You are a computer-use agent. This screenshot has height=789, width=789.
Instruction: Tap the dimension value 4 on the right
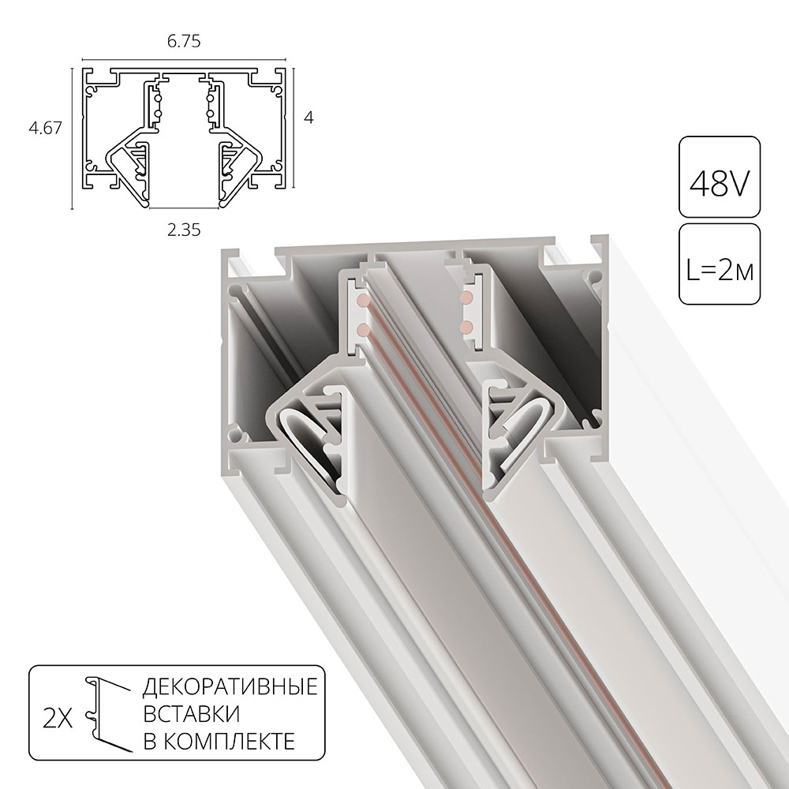[309, 118]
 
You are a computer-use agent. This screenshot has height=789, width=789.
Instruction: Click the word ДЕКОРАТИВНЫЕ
[230, 686]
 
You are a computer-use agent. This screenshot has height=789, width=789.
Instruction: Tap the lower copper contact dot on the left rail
[361, 327]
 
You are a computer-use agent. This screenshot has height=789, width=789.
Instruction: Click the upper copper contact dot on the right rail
[466, 297]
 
